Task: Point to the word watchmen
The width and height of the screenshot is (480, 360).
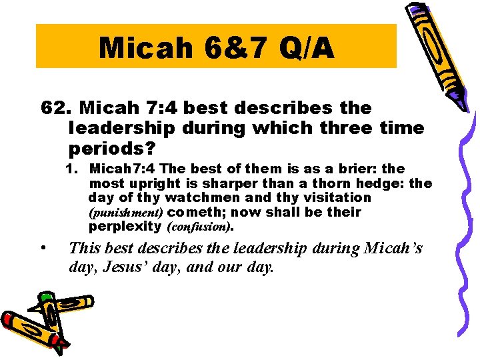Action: pyautogui.click(x=201, y=198)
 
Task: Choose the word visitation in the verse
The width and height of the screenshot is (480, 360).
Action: pyautogui.click(x=332, y=198)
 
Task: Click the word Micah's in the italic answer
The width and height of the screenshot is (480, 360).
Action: pyautogui.click(x=401, y=249)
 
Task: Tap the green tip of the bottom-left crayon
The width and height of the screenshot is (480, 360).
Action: pyautogui.click(x=45, y=297)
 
